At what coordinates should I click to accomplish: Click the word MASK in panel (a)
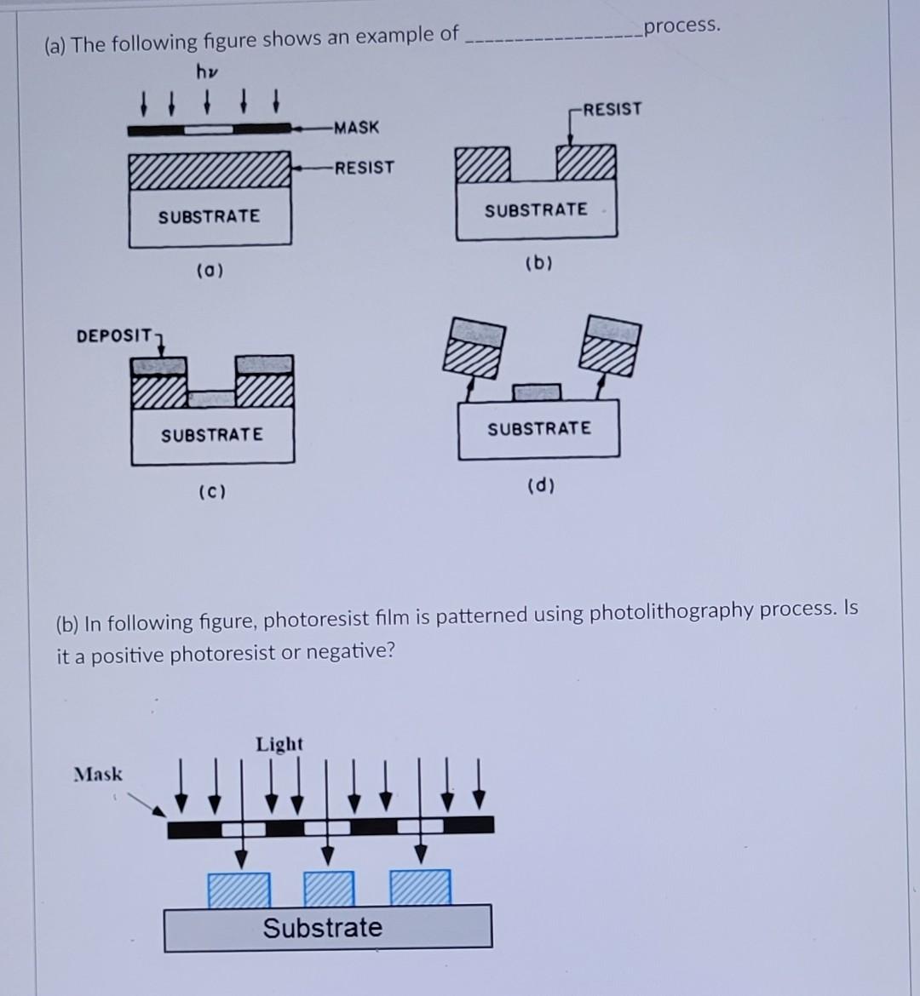[x=357, y=128]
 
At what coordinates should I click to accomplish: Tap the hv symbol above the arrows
[x=207, y=72]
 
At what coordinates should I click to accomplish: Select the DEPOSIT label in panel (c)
[x=113, y=335]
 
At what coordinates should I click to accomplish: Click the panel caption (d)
[x=541, y=486]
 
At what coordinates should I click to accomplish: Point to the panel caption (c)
[x=211, y=492]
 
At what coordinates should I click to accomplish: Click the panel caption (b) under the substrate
[x=538, y=263]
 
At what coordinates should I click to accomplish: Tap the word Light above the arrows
[x=279, y=744]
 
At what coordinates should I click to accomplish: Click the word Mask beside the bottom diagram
[x=98, y=774]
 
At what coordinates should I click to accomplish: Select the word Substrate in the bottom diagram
[x=323, y=927]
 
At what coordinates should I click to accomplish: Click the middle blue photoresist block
[x=329, y=888]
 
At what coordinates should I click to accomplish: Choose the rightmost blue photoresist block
[x=421, y=888]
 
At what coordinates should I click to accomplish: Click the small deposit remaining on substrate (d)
[x=537, y=392]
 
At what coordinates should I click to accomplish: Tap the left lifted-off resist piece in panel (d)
[x=474, y=346]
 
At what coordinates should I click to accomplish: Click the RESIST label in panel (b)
[x=613, y=109]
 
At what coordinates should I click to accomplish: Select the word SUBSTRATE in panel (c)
[x=212, y=435]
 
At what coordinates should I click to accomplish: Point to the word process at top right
[x=681, y=26]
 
